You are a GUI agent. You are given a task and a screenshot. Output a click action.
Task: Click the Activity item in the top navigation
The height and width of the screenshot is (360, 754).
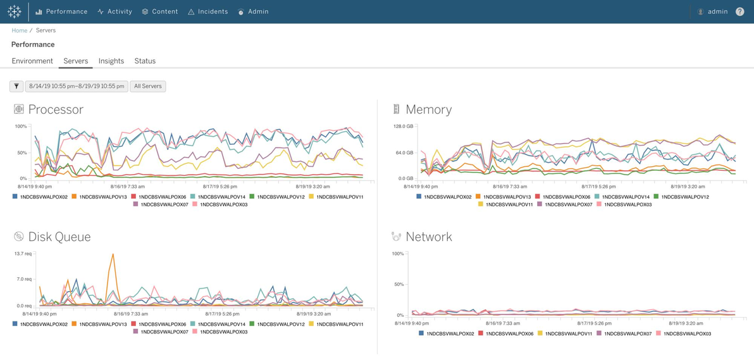click(114, 11)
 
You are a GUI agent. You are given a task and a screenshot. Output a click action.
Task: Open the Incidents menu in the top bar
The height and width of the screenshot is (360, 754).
click(207, 11)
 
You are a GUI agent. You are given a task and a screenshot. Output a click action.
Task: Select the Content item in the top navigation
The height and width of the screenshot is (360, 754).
click(159, 11)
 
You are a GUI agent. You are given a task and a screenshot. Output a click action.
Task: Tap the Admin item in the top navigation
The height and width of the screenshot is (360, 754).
click(253, 11)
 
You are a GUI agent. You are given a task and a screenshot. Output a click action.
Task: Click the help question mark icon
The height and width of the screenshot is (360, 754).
click(739, 11)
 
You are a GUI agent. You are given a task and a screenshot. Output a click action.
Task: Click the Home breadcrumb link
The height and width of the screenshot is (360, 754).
click(19, 30)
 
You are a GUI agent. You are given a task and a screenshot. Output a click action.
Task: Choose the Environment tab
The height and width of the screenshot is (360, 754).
click(32, 61)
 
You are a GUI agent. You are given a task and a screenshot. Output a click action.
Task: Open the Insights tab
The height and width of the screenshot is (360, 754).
click(111, 61)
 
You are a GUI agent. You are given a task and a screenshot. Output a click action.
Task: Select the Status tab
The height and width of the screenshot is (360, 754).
click(145, 61)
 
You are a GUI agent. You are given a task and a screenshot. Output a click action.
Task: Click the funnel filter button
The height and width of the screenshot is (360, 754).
click(16, 87)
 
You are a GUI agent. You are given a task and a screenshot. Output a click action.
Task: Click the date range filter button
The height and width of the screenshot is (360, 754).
click(77, 87)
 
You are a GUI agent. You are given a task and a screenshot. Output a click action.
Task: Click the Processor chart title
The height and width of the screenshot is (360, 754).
click(56, 109)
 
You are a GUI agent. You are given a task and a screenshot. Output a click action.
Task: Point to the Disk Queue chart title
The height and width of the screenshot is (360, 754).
click(59, 237)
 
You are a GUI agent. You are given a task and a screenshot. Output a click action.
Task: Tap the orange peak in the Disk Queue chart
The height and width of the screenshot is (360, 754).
click(113, 254)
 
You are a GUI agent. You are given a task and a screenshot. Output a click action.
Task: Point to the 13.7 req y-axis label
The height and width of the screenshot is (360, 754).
click(23, 254)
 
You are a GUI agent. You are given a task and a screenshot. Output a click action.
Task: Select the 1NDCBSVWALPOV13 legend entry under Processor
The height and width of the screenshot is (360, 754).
click(99, 197)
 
